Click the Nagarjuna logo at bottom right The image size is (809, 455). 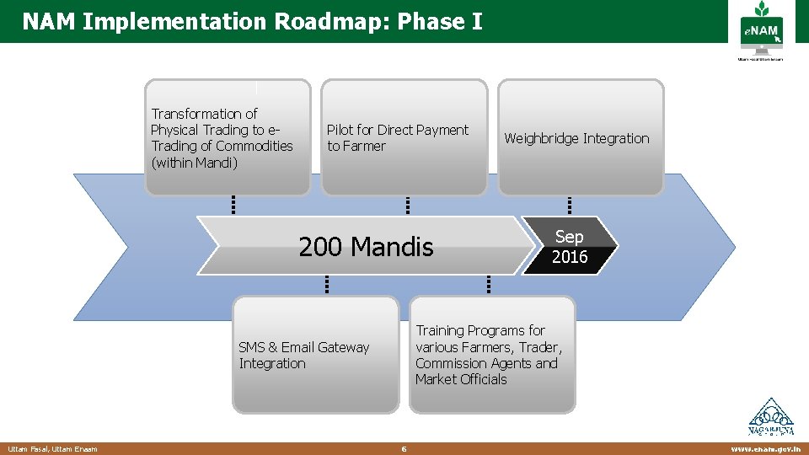coord(770,417)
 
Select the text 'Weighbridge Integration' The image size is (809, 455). coord(576,138)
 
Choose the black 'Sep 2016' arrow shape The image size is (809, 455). coord(571,246)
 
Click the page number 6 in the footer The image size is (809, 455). coord(404,449)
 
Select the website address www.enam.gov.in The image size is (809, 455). coord(766,449)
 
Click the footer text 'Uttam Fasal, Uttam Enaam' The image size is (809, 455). coord(52,449)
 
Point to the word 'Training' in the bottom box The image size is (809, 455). coord(443,330)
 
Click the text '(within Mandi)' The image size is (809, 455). coord(195,162)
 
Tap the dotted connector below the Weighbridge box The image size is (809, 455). coord(570,205)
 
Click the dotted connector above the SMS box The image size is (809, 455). coord(326,284)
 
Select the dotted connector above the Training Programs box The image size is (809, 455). coord(488,284)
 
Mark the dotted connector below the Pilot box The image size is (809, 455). coord(407,205)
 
